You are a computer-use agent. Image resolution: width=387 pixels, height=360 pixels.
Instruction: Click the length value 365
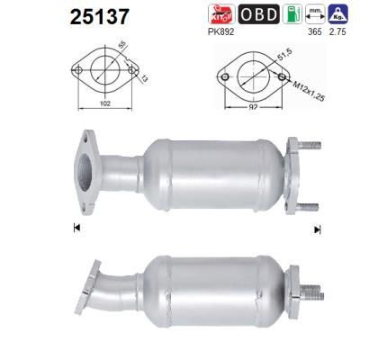click(x=314, y=32)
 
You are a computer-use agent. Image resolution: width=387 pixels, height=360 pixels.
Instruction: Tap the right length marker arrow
click(x=317, y=230)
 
